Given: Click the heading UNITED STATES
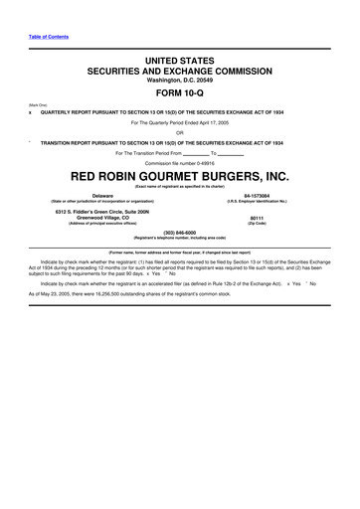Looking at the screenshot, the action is coord(180,62).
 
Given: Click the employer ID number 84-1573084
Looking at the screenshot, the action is coord(257,197).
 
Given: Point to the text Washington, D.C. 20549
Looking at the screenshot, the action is coord(180,83).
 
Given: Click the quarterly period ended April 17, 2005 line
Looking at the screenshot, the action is coord(180,122).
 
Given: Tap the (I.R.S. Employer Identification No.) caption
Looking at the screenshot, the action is coord(257,203).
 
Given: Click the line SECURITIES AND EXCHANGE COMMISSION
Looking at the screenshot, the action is coord(180,73).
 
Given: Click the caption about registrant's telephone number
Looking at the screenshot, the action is coord(180,240).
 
